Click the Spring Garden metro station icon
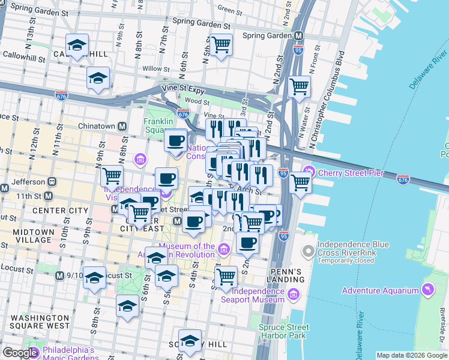298,35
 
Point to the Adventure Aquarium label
380,291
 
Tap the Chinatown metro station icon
122,127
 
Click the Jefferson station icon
52,182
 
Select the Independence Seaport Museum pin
294,293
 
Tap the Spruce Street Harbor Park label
284,332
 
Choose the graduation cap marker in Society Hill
190,340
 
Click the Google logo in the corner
20,353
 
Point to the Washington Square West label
40,322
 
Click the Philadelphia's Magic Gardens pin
32,353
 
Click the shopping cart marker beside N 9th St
112,176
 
